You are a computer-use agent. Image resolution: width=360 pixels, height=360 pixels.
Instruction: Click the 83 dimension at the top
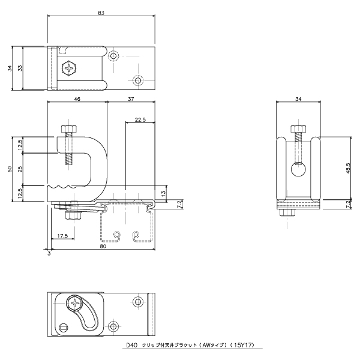(x=101, y=13)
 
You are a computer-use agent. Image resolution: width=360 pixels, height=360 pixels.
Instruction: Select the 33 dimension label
(x=20, y=68)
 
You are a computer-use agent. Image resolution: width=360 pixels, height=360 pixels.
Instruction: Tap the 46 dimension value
(x=77, y=99)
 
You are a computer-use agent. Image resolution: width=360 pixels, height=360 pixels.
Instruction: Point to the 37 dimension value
(x=131, y=99)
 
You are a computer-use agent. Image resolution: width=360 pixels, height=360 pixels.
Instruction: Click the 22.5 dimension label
(x=140, y=119)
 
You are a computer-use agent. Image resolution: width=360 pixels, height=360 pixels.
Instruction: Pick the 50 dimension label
(x=10, y=169)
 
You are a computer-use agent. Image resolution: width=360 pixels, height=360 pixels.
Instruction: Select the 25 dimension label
(x=20, y=169)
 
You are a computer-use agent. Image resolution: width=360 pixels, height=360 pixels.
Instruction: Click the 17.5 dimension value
(x=62, y=236)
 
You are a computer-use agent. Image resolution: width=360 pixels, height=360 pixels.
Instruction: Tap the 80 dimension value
(x=103, y=246)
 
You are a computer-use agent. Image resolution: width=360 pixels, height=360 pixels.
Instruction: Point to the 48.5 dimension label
(x=347, y=168)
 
